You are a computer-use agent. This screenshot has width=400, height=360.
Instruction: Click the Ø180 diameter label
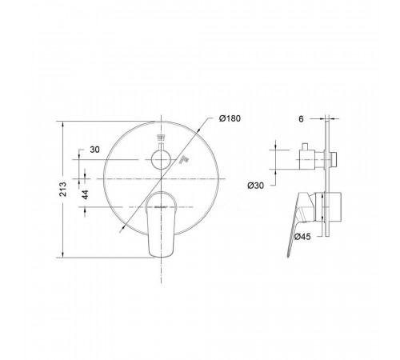[x=230, y=118]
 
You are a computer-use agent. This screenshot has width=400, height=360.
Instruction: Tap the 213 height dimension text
[x=63, y=190]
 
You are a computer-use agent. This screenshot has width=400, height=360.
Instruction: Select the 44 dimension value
[x=85, y=194]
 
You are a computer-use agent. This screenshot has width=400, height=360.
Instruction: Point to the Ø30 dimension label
[x=255, y=186]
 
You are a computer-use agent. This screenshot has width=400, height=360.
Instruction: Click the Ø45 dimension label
[x=302, y=236]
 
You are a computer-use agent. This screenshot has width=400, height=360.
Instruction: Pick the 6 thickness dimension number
[x=301, y=119]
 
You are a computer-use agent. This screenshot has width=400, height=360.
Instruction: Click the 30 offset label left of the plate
[x=94, y=150]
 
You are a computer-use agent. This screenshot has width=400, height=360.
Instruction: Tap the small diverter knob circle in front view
[x=161, y=160]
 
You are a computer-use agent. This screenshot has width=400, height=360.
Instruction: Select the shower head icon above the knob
[x=161, y=138]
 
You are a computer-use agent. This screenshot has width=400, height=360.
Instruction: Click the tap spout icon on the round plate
[x=183, y=160]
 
